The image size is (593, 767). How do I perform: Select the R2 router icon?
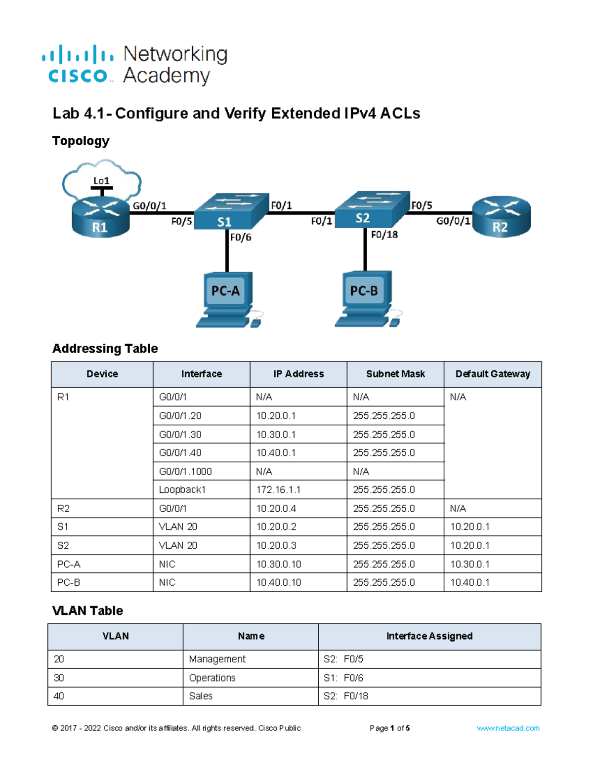coord(501,216)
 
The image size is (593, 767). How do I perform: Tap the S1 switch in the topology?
coord(231,211)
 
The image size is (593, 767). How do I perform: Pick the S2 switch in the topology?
coord(372,209)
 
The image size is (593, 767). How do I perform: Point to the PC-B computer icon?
coord(368,299)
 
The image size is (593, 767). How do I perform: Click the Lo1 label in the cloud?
coord(101,181)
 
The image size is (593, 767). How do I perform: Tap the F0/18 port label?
coord(384,235)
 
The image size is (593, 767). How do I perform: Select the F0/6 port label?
coord(241,237)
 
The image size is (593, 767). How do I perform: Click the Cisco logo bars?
coord(78,54)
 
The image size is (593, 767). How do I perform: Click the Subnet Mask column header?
coord(395,374)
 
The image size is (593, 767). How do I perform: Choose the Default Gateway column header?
coord(493,374)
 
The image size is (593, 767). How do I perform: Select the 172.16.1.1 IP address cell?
coord(278,489)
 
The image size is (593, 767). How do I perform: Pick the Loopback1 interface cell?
coord(182,489)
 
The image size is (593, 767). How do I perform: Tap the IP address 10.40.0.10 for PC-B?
coord(279,582)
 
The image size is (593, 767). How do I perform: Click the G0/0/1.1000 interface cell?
coord(185,471)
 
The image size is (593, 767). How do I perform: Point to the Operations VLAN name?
coord(212,678)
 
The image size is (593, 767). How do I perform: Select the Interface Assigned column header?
coord(429,636)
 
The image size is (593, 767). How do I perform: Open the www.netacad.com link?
coord(508,728)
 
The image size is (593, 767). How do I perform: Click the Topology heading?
coord(81,141)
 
